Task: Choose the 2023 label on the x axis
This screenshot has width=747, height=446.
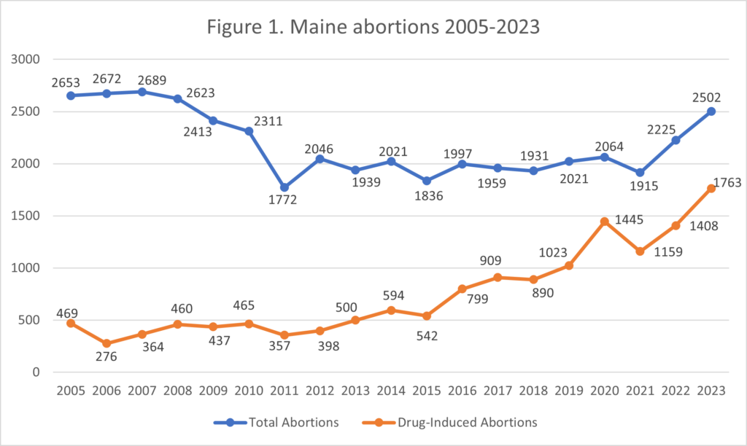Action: pos(711,391)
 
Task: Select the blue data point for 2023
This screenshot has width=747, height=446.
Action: pos(711,111)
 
